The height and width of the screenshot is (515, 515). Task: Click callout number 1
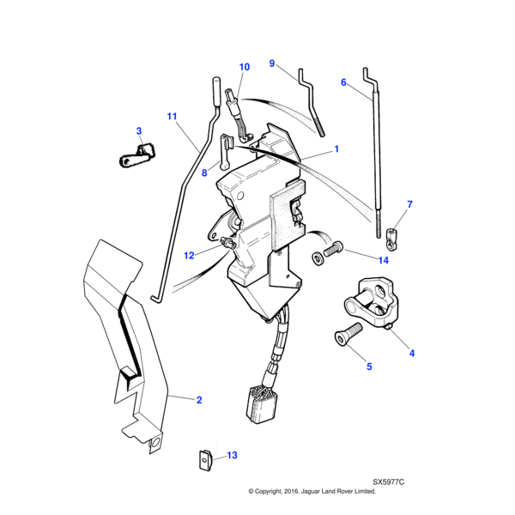click(x=336, y=149)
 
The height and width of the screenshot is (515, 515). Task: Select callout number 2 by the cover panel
click(x=199, y=400)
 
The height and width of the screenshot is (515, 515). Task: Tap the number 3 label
click(x=138, y=130)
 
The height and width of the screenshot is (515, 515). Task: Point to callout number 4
click(x=411, y=353)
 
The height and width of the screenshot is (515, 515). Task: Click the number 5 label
click(x=370, y=367)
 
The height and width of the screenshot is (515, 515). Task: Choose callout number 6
click(x=343, y=82)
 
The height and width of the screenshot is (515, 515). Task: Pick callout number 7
click(x=409, y=204)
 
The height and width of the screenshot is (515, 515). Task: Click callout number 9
click(x=272, y=64)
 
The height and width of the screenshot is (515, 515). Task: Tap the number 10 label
click(x=244, y=67)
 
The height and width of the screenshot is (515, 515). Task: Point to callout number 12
click(x=189, y=255)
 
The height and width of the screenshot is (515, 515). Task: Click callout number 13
click(x=232, y=456)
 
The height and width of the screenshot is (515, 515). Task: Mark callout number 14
click(x=383, y=259)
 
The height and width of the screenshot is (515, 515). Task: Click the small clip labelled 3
click(x=136, y=155)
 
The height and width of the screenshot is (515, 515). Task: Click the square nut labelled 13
click(x=204, y=460)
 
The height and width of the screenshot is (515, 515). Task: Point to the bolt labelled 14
click(x=329, y=252)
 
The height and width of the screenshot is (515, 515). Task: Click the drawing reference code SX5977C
click(x=388, y=482)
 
